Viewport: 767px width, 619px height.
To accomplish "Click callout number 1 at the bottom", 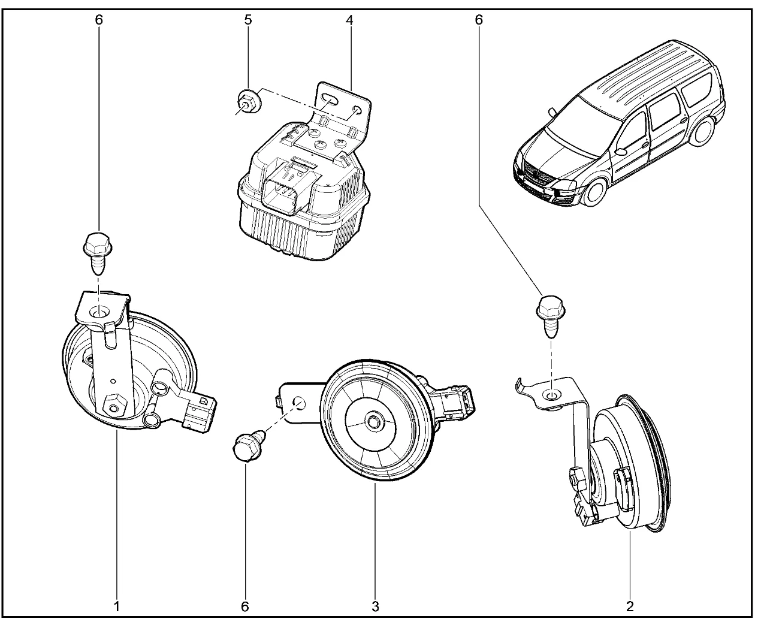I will pyautogui.click(x=117, y=606).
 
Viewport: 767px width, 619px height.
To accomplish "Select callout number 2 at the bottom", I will pyautogui.click(x=630, y=606).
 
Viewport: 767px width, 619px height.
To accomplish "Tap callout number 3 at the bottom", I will pyautogui.click(x=376, y=606).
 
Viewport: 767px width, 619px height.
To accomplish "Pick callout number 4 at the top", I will pyautogui.click(x=349, y=20).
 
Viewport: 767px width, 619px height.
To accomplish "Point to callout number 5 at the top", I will pyautogui.click(x=248, y=20).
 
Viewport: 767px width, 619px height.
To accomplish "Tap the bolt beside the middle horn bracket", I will pyautogui.click(x=245, y=446).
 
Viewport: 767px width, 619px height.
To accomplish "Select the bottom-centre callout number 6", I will pyautogui.click(x=244, y=606).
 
